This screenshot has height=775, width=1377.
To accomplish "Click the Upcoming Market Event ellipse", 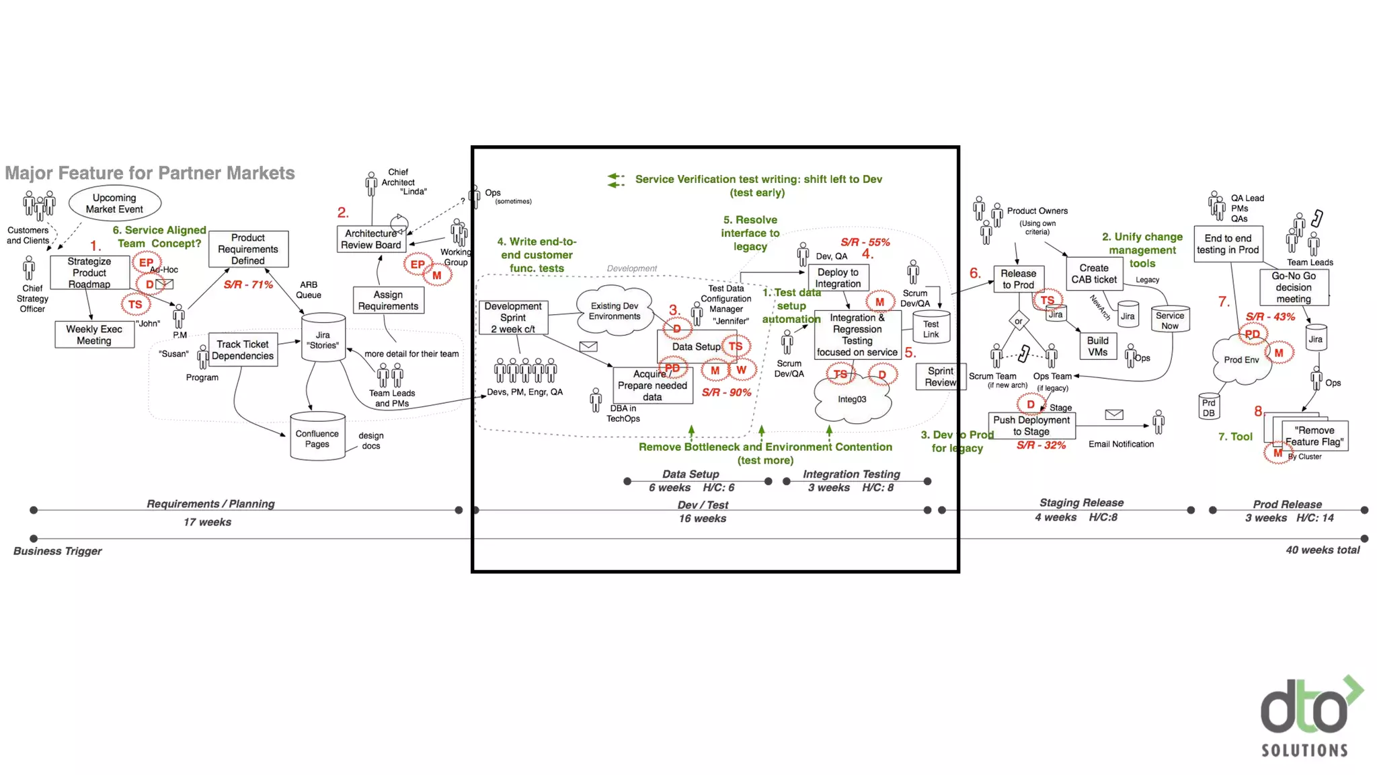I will [114, 203].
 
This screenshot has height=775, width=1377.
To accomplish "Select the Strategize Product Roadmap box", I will [89, 272].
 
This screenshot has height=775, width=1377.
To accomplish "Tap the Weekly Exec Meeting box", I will [94, 334].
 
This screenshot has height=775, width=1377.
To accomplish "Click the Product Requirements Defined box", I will [248, 249].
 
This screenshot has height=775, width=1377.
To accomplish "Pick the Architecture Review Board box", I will [370, 239].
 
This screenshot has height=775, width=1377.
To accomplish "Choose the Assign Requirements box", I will [388, 300].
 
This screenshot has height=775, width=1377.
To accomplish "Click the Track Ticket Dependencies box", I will [243, 350].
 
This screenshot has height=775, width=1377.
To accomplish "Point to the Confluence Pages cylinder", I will [317, 437].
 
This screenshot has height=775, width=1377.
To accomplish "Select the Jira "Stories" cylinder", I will [323, 338].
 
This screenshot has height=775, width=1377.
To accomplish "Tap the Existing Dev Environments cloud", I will [615, 311].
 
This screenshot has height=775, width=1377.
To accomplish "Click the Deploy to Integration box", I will [838, 278].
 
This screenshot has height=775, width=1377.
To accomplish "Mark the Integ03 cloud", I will [852, 400].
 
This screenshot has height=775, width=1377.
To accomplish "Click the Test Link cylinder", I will [931, 328].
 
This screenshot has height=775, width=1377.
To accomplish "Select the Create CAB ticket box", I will [1094, 273].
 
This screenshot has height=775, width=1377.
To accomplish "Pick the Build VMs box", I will [1097, 346].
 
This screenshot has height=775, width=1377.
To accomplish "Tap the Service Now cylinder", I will [1170, 320].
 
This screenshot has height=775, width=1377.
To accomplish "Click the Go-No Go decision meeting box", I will [1294, 287].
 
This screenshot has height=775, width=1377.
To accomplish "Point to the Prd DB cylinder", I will [1208, 408].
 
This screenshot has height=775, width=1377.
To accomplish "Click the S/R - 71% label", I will [248, 285].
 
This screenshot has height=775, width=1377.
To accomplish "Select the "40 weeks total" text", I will [1323, 550].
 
